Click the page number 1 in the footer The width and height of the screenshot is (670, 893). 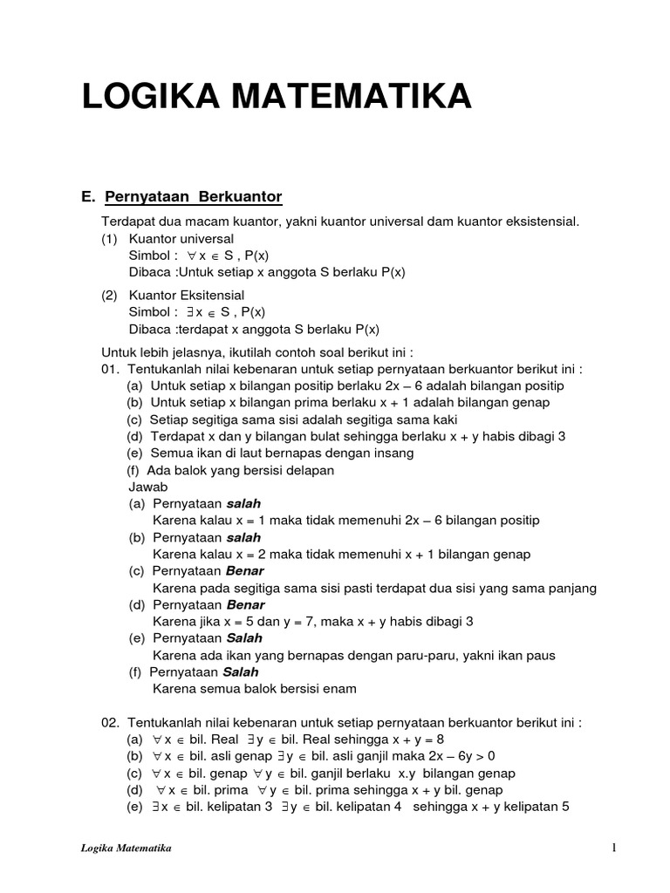[614, 848]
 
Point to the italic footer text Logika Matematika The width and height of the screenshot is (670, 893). [120, 848]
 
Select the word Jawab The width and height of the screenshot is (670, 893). [148, 487]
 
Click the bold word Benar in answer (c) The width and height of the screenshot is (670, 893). [245, 571]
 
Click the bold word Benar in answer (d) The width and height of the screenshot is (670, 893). [245, 604]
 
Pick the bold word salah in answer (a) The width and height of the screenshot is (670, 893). [243, 504]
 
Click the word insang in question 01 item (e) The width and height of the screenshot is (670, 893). [393, 453]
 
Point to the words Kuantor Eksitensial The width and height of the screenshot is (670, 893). [187, 296]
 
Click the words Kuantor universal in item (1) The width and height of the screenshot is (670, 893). [181, 238]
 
